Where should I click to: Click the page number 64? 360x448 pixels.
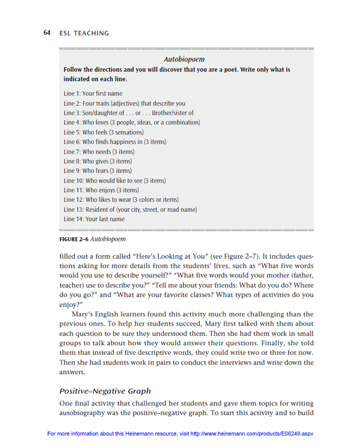pos(47,32)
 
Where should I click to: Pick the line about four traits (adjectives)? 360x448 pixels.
pos(124,103)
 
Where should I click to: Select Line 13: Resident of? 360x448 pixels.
pos(130,209)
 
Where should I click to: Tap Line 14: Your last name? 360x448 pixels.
pos(94,219)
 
